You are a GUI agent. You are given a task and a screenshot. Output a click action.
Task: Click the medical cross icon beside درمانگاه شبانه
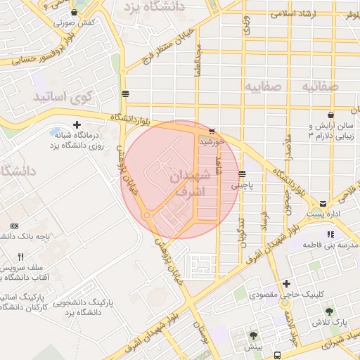pos(86,124)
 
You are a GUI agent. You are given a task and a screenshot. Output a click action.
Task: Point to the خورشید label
pos(211,141)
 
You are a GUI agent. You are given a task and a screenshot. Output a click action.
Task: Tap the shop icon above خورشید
pos(212,131)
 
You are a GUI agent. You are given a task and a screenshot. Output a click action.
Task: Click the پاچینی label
pos(245,186)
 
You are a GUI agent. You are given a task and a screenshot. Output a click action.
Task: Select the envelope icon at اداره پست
pos(323,203)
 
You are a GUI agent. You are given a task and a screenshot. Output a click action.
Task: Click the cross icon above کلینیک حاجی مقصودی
pos(286,283)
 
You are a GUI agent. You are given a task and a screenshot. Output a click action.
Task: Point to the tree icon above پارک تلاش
pos(328,310)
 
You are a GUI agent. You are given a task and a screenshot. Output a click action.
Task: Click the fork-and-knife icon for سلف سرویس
pos(20,257)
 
